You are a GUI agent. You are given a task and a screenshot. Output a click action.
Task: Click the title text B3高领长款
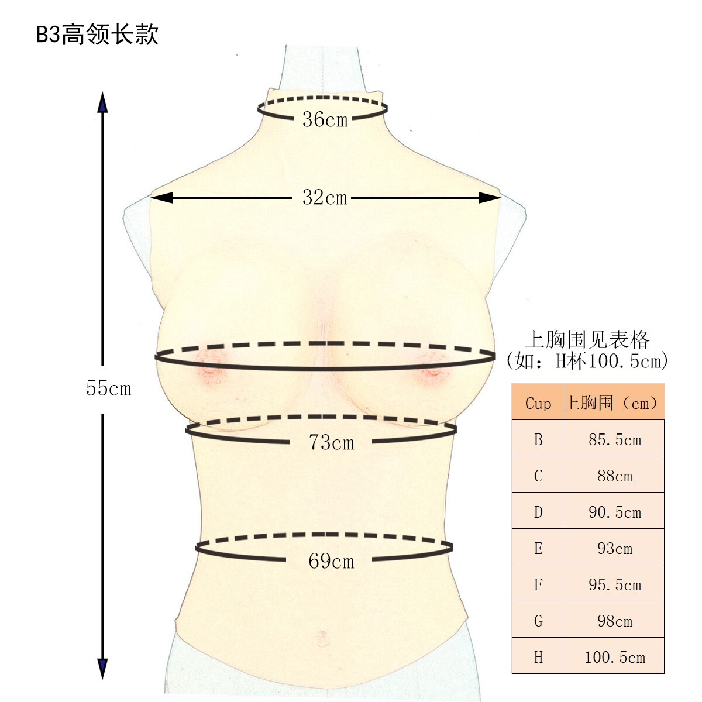tap(97, 35)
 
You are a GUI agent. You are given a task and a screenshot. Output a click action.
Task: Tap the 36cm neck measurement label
tap(325, 120)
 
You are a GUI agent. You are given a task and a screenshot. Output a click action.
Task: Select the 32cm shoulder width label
tap(325, 198)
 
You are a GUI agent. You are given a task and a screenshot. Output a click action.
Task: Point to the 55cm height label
tap(109, 388)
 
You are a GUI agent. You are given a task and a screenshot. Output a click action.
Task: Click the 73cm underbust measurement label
tap(331, 442)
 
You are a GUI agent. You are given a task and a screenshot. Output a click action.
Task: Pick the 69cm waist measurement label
tap(331, 562)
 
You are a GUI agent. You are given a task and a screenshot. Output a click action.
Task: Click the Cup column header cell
tap(538, 403)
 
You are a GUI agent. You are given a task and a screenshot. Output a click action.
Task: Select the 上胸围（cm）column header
tap(614, 403)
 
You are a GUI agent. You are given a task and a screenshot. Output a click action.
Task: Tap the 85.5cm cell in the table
tap(614, 439)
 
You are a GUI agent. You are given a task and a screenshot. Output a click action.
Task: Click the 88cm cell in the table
tap(614, 476)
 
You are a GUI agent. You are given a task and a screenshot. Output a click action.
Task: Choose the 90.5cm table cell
tap(614, 512)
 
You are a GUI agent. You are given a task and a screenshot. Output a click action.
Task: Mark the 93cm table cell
tap(614, 548)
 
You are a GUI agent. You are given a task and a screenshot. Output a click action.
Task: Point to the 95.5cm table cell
tap(614, 584)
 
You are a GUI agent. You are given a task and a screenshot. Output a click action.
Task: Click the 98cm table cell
tap(614, 621)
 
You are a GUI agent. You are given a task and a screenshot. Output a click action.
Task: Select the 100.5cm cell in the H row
tap(614, 657)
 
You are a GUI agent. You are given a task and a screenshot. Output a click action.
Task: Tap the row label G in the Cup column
tap(538, 621)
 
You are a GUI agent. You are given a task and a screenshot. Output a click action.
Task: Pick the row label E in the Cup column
tap(538, 548)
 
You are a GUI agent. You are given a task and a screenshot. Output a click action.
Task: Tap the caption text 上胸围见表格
tap(587, 339)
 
